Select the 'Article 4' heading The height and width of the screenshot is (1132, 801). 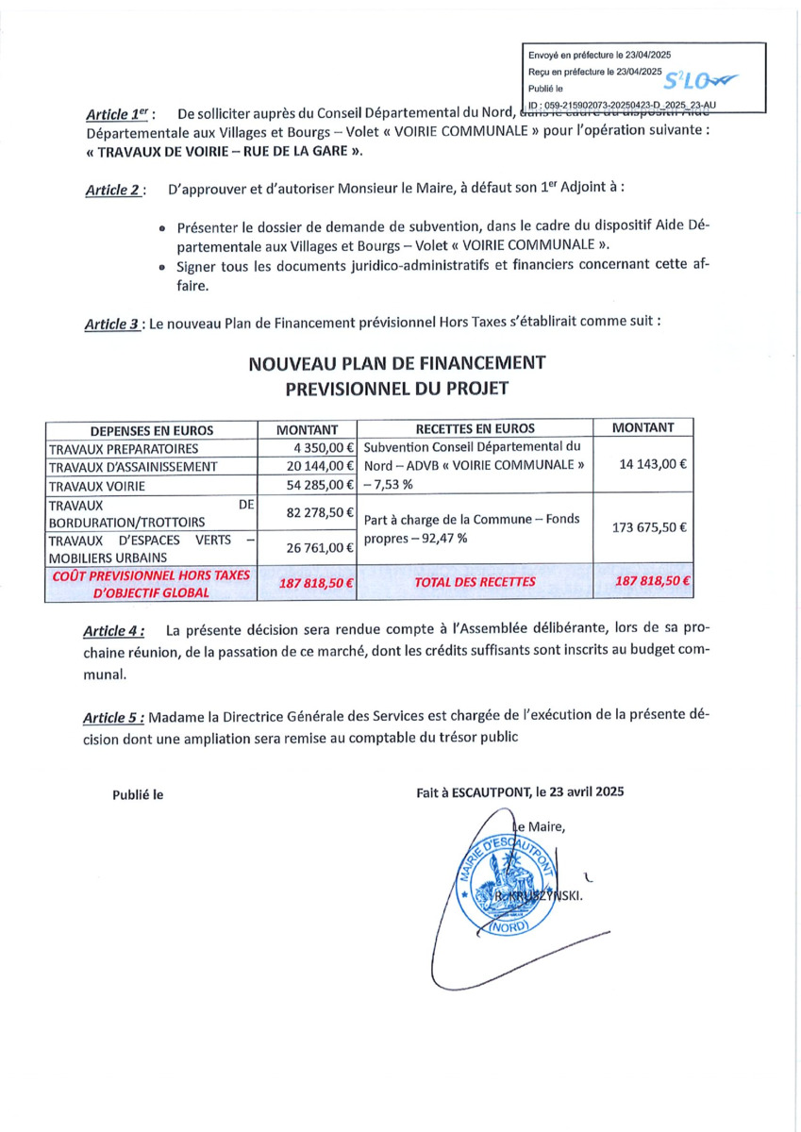click(114, 630)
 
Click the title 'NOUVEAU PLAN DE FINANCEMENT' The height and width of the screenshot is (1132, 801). click(397, 361)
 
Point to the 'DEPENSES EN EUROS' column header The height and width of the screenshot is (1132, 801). click(152, 428)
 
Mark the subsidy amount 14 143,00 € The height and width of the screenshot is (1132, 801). click(649, 464)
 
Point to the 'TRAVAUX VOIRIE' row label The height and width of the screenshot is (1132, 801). click(95, 484)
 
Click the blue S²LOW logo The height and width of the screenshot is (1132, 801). click(702, 82)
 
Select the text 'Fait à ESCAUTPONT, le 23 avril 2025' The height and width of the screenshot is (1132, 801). click(520, 794)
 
